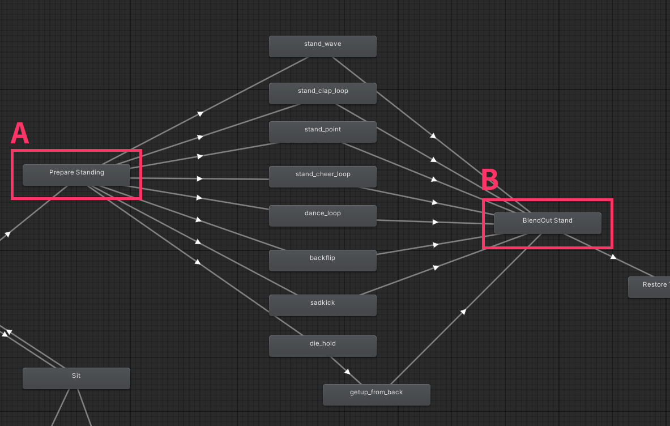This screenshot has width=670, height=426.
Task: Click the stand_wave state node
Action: [x=322, y=46]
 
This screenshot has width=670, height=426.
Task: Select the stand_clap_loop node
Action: [x=322, y=93]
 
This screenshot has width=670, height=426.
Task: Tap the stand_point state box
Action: [x=322, y=131]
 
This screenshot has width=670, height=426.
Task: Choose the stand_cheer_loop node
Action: [x=322, y=176]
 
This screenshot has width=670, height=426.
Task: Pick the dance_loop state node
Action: [x=322, y=215]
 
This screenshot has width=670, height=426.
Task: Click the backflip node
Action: [x=322, y=260]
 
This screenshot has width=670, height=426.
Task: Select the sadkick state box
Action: [x=322, y=305]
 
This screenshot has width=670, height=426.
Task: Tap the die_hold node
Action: [x=322, y=346]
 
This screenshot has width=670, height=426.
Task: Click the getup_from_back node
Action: [x=376, y=394]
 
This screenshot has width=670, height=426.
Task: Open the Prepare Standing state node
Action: [x=76, y=174]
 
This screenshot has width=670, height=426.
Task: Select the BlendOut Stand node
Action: [x=547, y=223]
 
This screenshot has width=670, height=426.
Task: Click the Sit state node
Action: [x=76, y=378]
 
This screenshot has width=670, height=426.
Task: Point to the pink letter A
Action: [x=20, y=134]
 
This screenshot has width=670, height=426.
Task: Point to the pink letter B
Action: [x=490, y=180]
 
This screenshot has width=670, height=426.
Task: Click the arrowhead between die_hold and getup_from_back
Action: [x=347, y=372]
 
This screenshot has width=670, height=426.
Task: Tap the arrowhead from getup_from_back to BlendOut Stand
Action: [x=463, y=312]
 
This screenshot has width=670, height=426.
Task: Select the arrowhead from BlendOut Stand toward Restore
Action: [x=612, y=257]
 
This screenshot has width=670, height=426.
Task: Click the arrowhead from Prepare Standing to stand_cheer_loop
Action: [x=199, y=178]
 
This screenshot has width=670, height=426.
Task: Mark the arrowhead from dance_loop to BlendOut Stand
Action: [x=436, y=222]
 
